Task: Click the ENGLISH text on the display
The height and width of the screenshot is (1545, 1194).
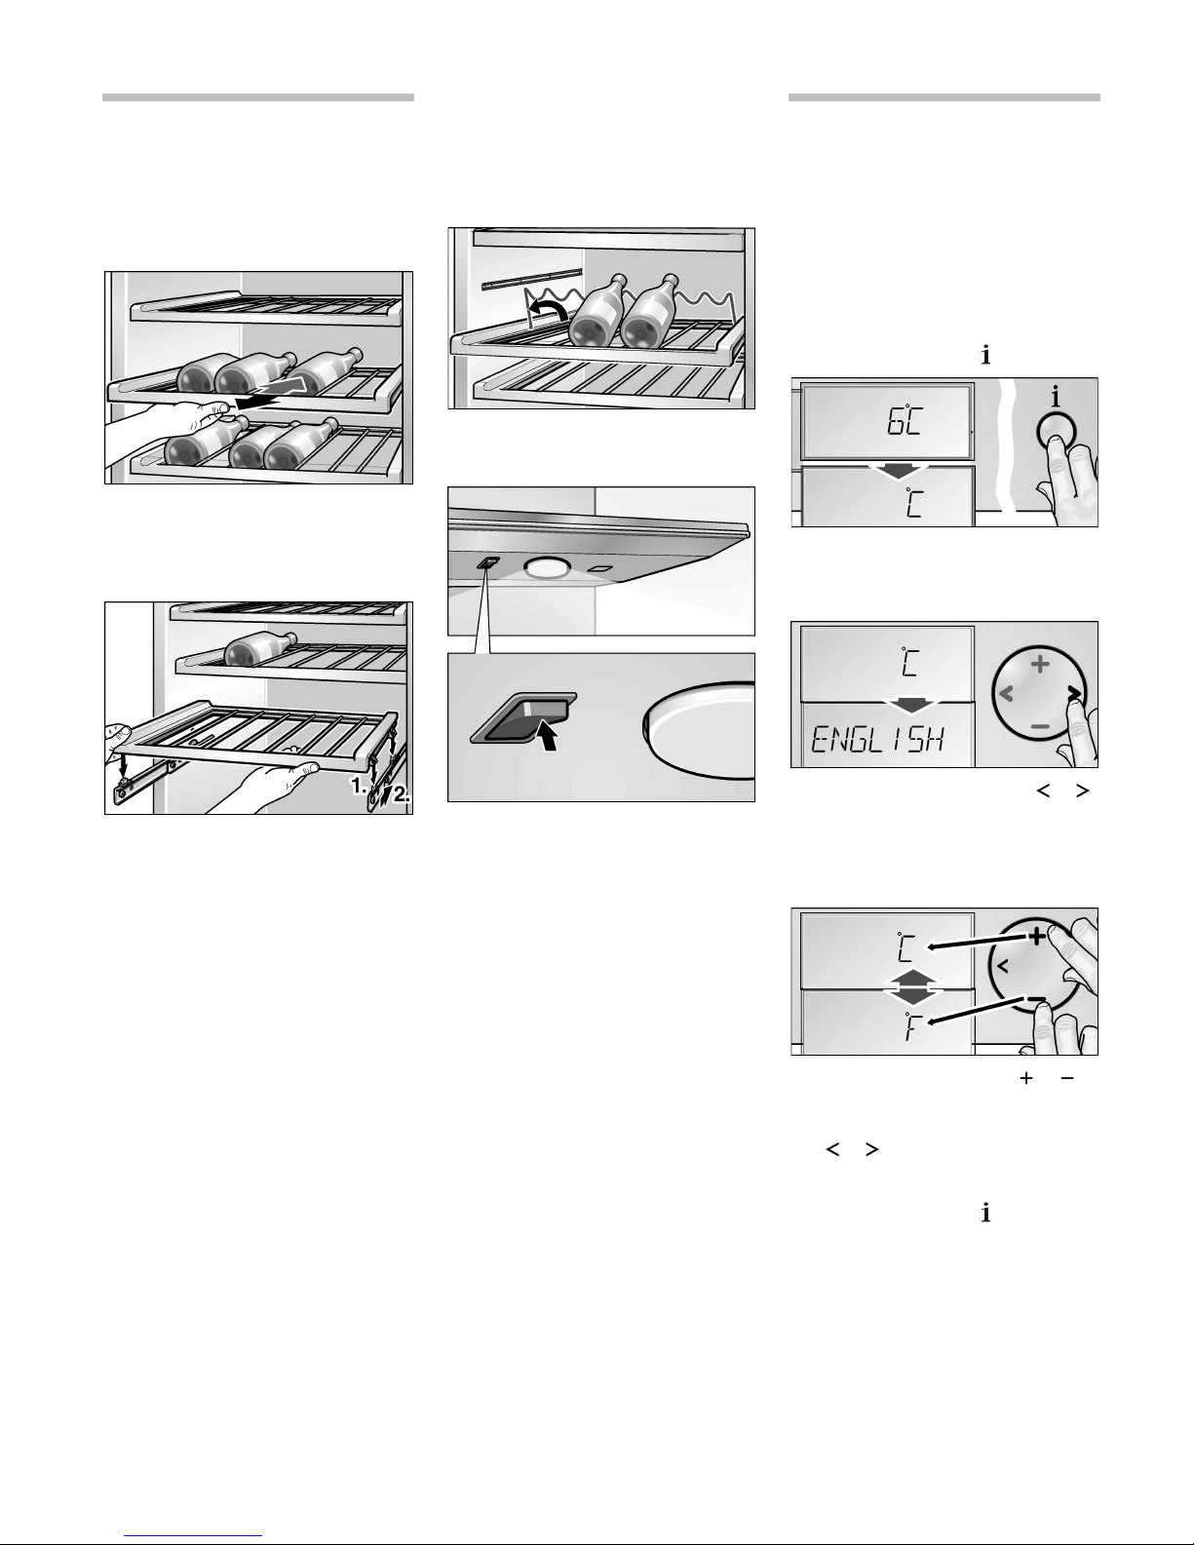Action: click(x=878, y=740)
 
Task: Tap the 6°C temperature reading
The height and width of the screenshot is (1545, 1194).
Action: click(x=905, y=422)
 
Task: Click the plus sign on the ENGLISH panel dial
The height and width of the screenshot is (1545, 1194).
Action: click(x=1040, y=665)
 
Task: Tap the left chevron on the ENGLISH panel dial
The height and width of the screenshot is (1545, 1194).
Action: click(x=1006, y=693)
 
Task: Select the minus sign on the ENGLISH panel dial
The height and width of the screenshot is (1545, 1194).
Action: click(x=1040, y=726)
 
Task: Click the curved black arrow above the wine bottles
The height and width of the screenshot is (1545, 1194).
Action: click(x=547, y=309)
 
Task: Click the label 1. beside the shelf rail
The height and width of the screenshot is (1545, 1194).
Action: click(x=359, y=786)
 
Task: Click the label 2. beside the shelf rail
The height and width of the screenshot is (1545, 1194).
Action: click(x=402, y=794)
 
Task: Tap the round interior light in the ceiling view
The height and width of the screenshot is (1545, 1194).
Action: click(x=547, y=566)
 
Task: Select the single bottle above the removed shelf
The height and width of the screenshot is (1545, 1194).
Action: click(x=260, y=649)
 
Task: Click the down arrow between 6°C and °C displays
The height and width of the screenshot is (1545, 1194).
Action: click(x=899, y=470)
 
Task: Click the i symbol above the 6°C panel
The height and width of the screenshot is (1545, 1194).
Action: click(x=985, y=354)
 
